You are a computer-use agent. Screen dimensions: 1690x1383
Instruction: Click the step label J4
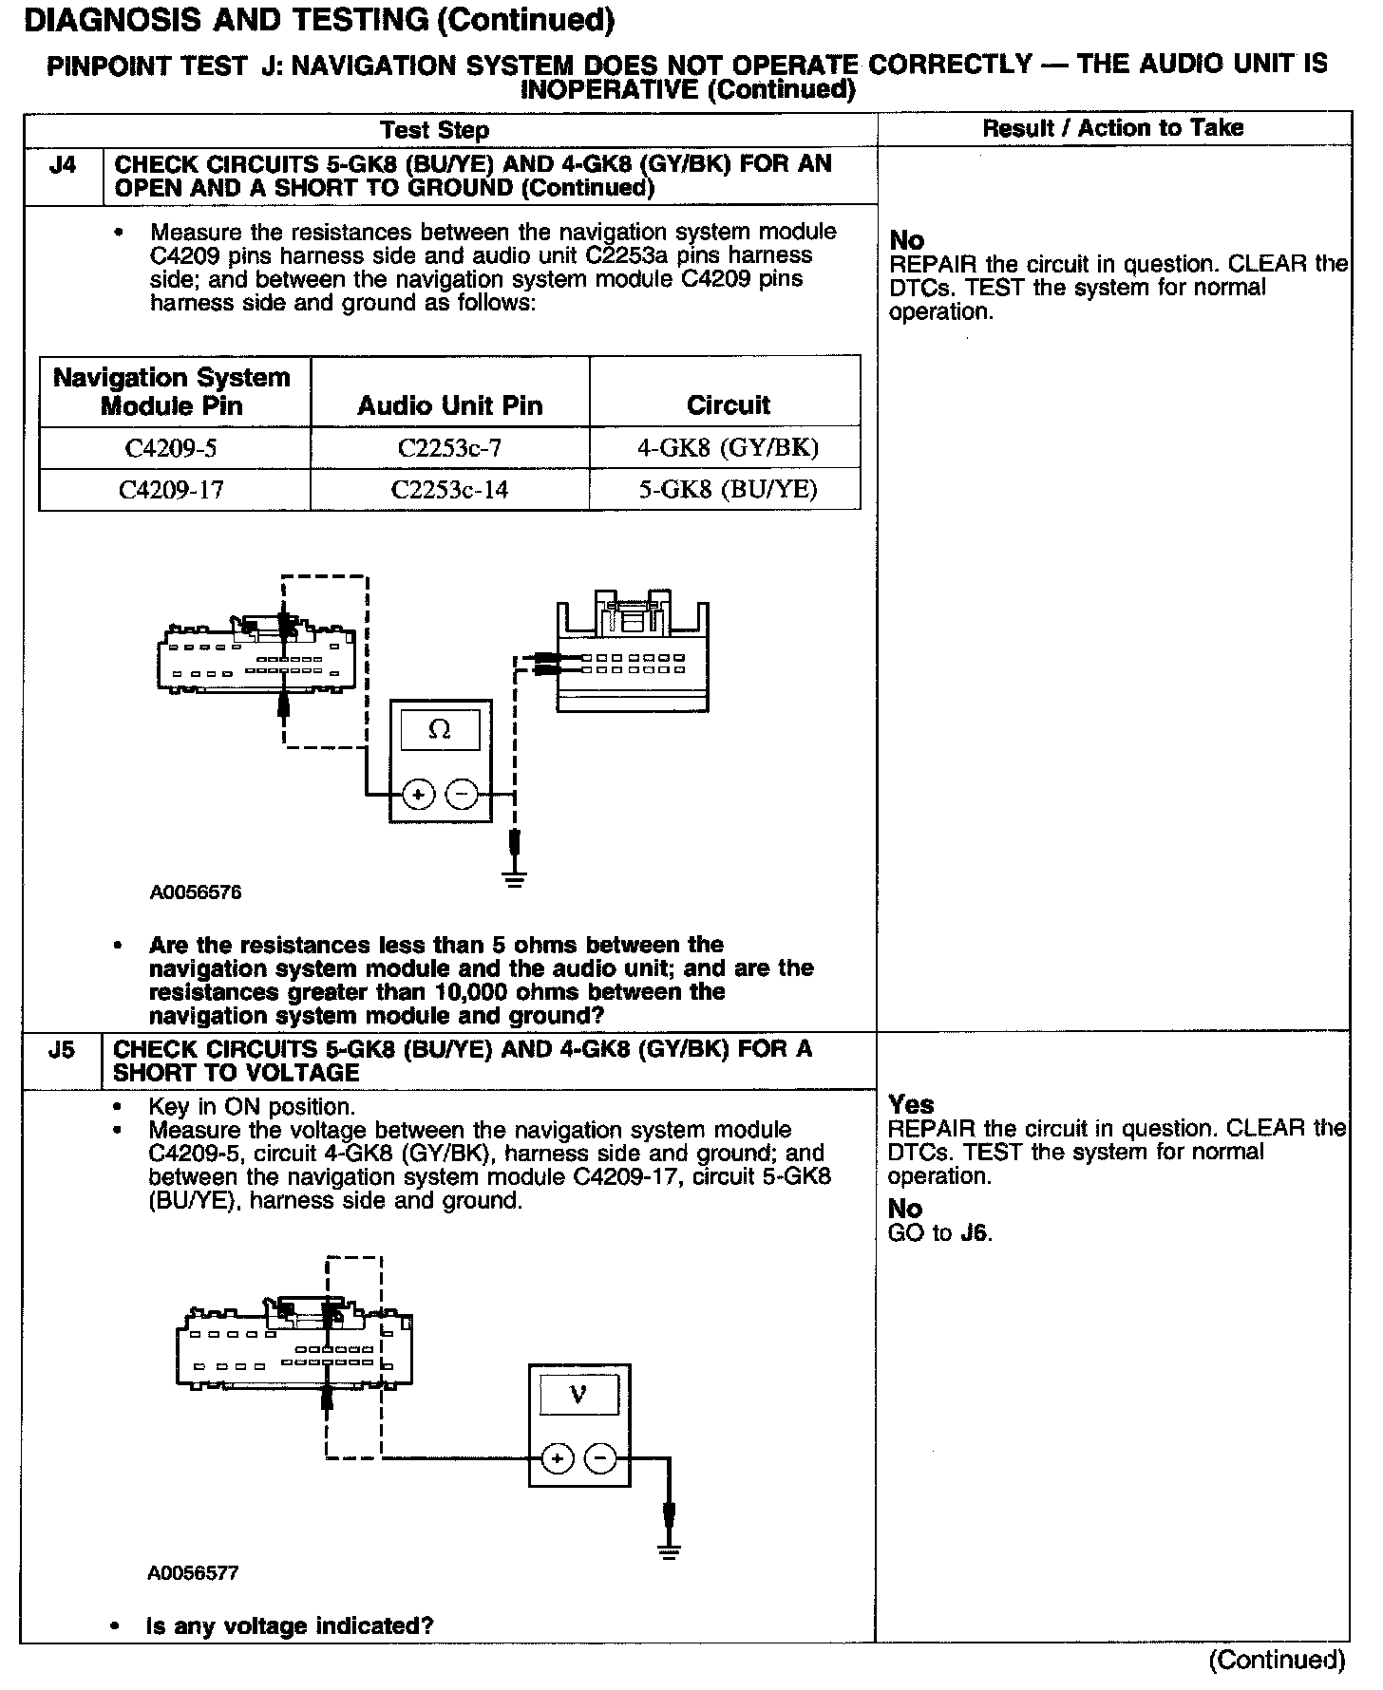click(x=62, y=165)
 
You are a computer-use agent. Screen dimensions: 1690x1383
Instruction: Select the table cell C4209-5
click(x=172, y=447)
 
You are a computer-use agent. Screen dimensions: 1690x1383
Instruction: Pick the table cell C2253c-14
click(x=449, y=489)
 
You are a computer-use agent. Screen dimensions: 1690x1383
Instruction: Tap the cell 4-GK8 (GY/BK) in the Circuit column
click(x=727, y=447)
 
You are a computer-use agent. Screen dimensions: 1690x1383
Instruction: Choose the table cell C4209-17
click(x=172, y=489)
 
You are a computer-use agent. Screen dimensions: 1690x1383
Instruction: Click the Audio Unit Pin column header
click(x=449, y=406)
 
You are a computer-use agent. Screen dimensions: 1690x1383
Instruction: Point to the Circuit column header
click(x=728, y=405)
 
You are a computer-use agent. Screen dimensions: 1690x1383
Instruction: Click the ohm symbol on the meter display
click(x=440, y=730)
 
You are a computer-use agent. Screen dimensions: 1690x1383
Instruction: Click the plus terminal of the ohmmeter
click(x=418, y=793)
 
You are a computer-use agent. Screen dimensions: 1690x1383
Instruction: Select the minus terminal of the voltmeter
click(x=600, y=1458)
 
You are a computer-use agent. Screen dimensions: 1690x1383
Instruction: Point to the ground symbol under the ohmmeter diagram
click(x=515, y=877)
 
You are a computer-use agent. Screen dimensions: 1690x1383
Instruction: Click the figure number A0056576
click(x=196, y=892)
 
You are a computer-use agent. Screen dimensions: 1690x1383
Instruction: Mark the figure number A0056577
click(x=194, y=1573)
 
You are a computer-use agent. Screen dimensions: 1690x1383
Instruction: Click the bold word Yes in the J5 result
click(x=911, y=1104)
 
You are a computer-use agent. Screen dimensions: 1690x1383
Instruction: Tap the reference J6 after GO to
click(x=975, y=1234)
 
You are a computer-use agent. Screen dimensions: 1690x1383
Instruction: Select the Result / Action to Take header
click(x=1112, y=128)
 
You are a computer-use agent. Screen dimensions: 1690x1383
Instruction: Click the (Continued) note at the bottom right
click(x=1277, y=1660)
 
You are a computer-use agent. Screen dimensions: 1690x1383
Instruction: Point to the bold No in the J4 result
click(x=906, y=241)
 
